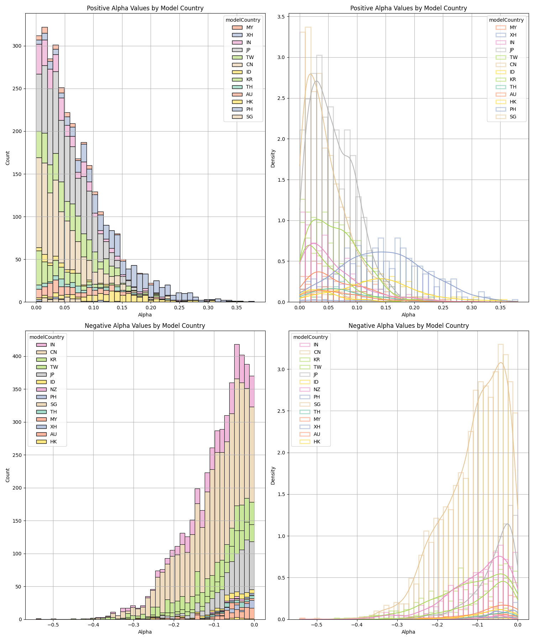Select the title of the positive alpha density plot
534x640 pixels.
coord(408,8)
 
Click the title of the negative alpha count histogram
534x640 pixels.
coord(145,326)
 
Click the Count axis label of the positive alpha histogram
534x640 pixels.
coord(8,158)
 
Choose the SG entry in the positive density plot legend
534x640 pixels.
coord(513,117)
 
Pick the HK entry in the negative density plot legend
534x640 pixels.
coord(317,442)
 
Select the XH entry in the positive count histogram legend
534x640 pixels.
coord(250,35)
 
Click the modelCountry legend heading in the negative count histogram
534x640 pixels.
coord(47,337)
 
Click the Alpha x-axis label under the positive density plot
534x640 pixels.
coord(408,315)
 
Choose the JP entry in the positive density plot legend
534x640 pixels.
coord(513,50)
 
